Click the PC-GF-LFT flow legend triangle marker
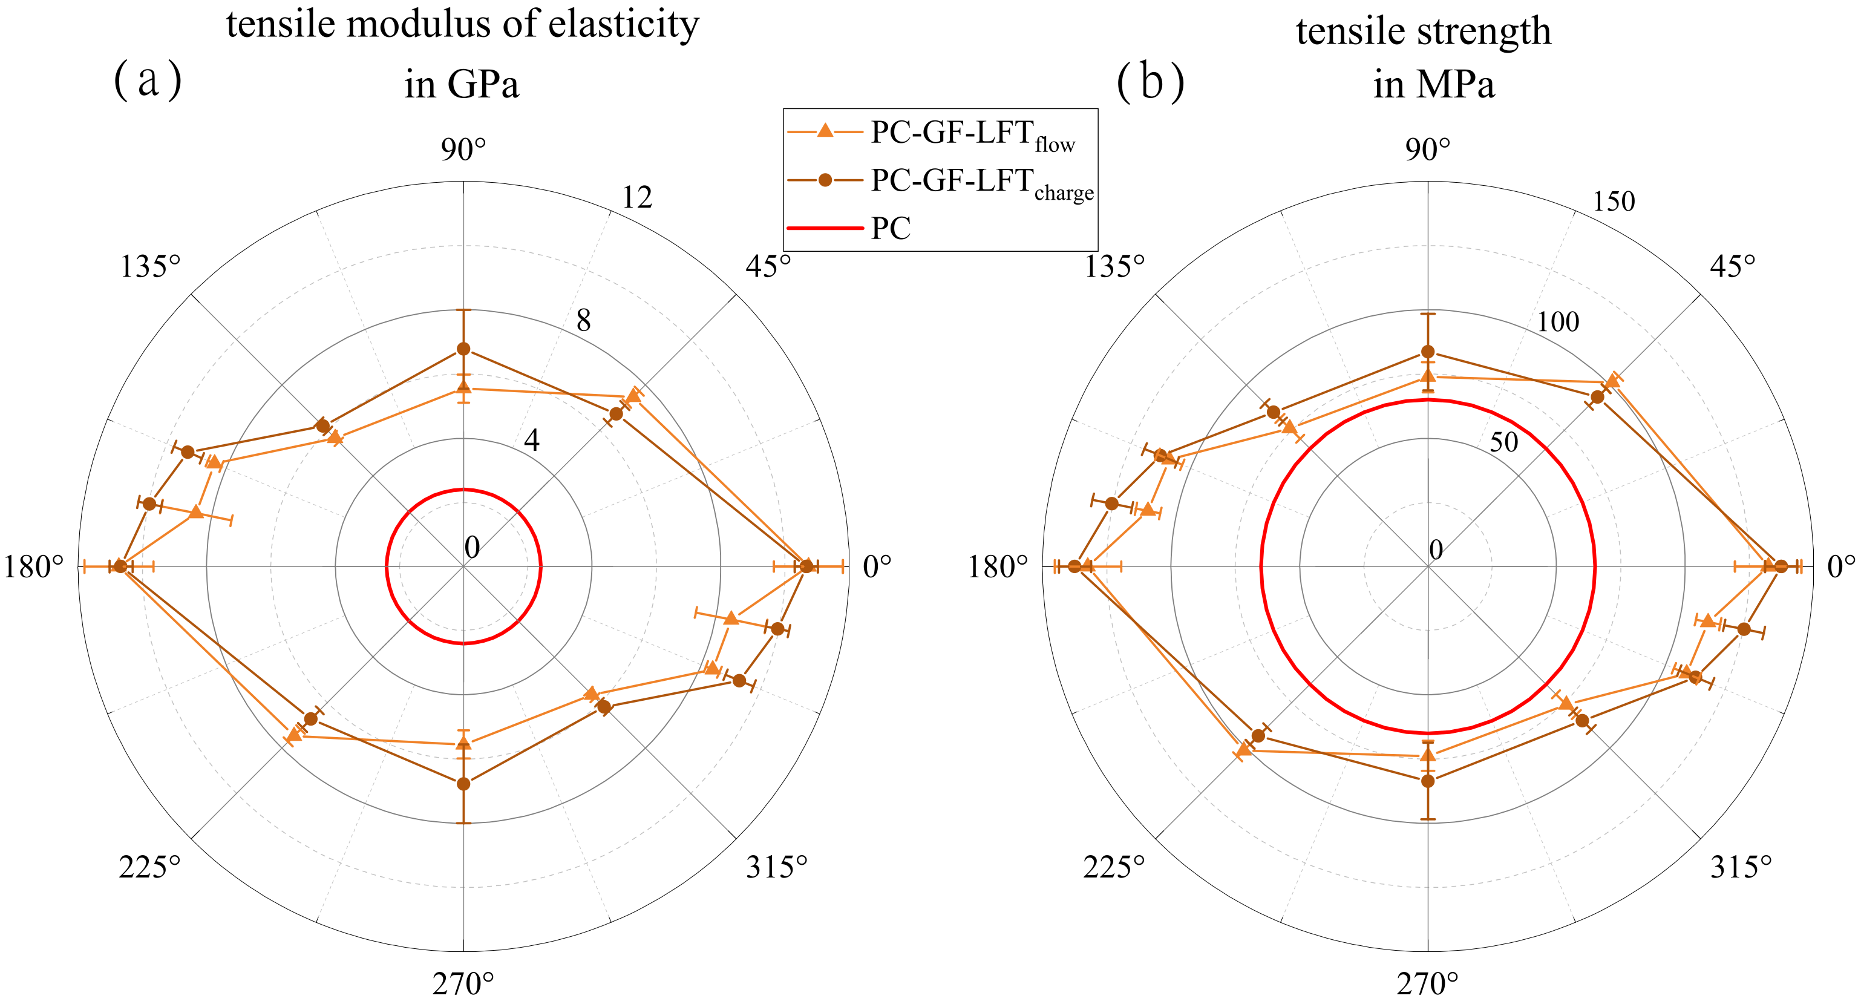tap(824, 131)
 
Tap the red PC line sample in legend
tap(824, 228)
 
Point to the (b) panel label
tap(1150, 82)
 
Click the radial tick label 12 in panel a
tap(637, 197)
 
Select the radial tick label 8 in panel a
tap(583, 320)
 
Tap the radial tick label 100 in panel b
tap(1557, 321)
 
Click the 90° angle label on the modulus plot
tap(463, 150)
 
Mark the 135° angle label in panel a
tap(150, 267)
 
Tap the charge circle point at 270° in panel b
tap(1428, 781)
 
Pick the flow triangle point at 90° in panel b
tap(1428, 376)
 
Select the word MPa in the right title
tap(1455, 85)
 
